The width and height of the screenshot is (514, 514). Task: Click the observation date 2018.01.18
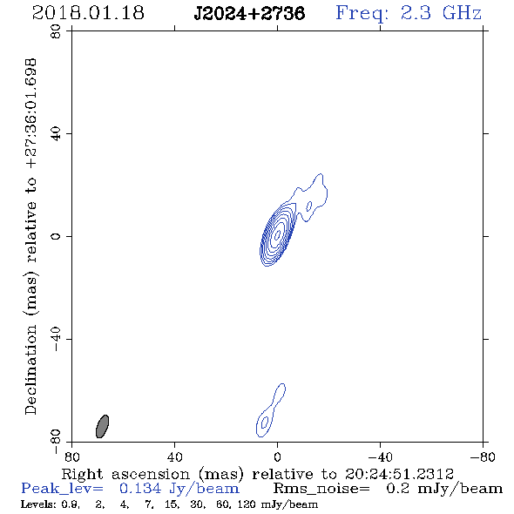(x=88, y=13)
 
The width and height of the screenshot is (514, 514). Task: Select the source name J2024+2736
(x=249, y=13)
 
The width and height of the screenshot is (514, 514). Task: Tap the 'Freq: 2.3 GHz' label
(x=409, y=13)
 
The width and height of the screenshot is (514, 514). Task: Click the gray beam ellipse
(x=102, y=426)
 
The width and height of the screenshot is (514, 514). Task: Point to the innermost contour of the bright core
(x=277, y=234)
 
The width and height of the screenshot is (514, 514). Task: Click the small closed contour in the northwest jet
(x=308, y=206)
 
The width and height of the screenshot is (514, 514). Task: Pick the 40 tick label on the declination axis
(x=56, y=134)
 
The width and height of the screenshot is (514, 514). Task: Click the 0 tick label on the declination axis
(x=56, y=236)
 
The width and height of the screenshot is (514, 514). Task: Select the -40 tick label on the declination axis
(x=56, y=339)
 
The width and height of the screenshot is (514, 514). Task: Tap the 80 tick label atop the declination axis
(x=56, y=31)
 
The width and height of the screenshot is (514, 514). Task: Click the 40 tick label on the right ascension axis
(x=174, y=457)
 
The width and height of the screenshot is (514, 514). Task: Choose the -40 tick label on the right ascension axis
(x=380, y=457)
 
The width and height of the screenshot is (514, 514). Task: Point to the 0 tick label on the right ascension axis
(x=277, y=457)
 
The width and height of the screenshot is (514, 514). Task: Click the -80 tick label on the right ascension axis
(x=483, y=457)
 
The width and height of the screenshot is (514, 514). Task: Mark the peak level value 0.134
(x=140, y=489)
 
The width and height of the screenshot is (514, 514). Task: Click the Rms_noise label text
(x=321, y=489)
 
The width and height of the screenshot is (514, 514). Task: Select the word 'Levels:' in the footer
(x=37, y=504)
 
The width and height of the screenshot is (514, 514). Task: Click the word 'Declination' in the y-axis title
(x=30, y=370)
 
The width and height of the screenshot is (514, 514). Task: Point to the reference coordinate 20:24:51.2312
(x=399, y=474)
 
